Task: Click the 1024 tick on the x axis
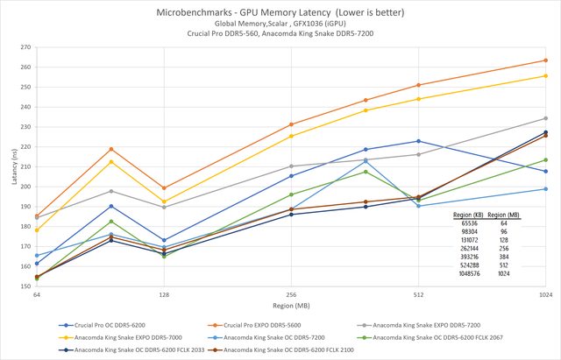pos(545,295)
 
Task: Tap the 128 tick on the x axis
pos(164,295)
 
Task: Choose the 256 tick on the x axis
pos(291,295)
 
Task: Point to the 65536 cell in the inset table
pos(471,223)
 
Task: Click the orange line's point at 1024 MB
pos(545,60)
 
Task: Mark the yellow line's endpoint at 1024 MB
pos(545,75)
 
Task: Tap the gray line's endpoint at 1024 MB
pos(545,118)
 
